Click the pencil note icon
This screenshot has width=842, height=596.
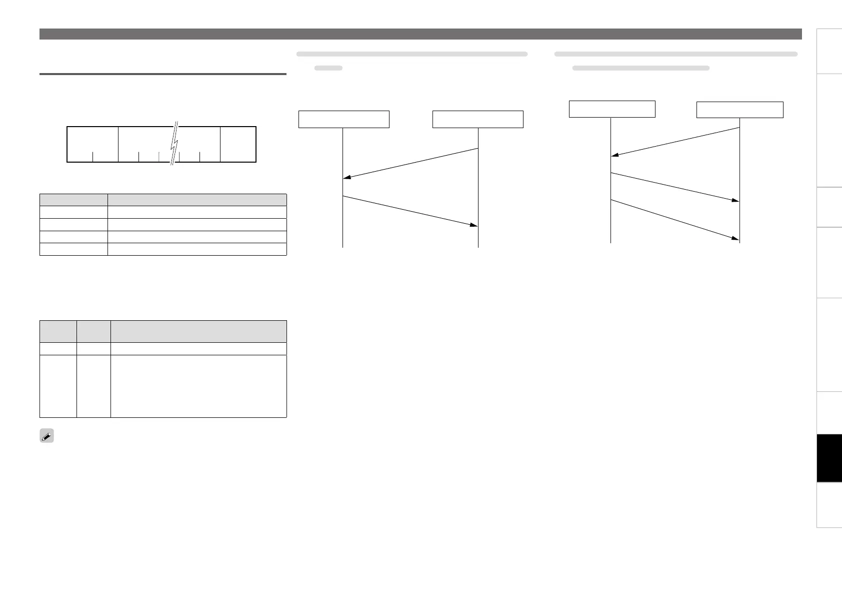click(x=46, y=436)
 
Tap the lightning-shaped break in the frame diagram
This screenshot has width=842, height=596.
click(x=174, y=144)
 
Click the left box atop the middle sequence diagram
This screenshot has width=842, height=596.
click(x=343, y=119)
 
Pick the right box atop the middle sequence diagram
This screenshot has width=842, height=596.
click(x=477, y=119)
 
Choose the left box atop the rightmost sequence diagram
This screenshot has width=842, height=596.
click(x=612, y=109)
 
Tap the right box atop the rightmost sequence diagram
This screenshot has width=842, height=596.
click(x=739, y=110)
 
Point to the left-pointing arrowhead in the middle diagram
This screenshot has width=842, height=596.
click(x=346, y=177)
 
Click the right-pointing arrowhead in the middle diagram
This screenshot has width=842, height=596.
click(x=474, y=225)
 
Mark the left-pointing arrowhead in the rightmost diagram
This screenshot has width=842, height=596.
click(x=614, y=155)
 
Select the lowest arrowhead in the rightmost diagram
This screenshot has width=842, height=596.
click(x=736, y=239)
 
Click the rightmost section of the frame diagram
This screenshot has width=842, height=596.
click(x=238, y=144)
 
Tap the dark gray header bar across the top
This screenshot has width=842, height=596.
click(x=420, y=34)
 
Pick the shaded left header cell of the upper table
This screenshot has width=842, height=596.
click(x=73, y=200)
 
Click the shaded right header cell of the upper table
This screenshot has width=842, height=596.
click(x=197, y=200)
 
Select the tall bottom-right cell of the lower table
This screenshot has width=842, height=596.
click(x=198, y=386)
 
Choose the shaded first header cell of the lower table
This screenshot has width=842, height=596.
click(x=58, y=331)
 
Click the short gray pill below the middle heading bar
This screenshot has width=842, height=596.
click(x=328, y=68)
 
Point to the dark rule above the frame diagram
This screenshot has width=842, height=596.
click(x=162, y=74)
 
